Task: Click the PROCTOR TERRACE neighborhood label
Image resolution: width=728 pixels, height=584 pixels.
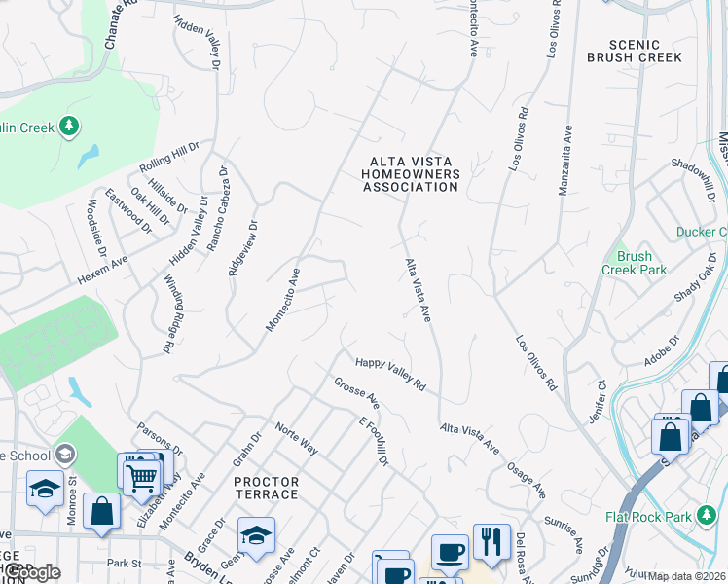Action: pyautogui.click(x=266, y=488)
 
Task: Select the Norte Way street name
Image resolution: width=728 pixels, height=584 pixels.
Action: pyautogui.click(x=297, y=439)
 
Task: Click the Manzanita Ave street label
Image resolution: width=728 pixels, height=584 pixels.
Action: pyautogui.click(x=564, y=160)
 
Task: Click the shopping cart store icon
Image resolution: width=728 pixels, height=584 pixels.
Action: pyautogui.click(x=142, y=476)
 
